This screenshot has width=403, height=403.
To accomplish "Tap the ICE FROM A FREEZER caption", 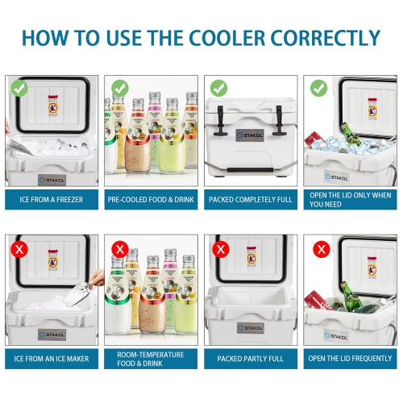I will tap(52, 199).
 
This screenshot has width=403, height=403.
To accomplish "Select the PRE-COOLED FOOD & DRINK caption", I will tap(151, 199).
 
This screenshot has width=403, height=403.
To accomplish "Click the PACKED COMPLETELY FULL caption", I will tap(250, 199).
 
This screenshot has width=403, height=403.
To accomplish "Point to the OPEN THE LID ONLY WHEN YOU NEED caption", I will tap(350, 199).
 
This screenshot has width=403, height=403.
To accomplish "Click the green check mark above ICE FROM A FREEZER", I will tap(20, 87).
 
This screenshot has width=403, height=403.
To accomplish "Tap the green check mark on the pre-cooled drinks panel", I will tap(119, 87).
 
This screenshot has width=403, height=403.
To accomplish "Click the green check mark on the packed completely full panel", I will tap(219, 87).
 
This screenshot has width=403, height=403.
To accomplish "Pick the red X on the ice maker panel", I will tap(20, 248).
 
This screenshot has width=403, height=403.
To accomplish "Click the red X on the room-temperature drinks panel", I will tap(119, 248).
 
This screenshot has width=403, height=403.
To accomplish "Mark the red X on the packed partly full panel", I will tap(219, 248).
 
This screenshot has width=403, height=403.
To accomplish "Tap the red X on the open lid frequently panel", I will tap(322, 248).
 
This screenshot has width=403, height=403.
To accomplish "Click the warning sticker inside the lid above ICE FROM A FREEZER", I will tap(55, 109).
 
